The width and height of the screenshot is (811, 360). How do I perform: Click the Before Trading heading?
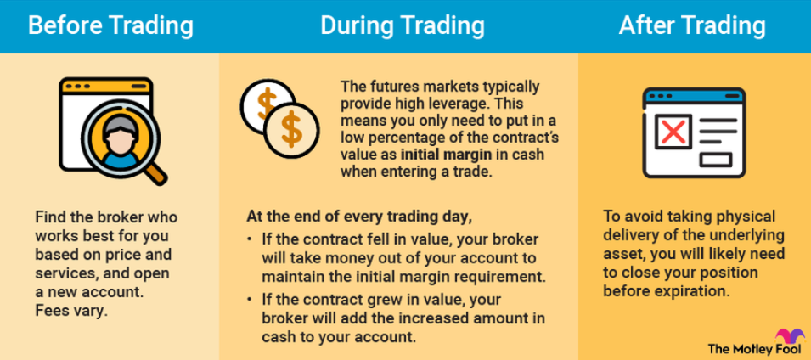pos(110,25)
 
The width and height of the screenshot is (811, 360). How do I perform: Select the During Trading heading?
pos(403,25)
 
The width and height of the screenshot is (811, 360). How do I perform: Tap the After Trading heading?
pos(692,25)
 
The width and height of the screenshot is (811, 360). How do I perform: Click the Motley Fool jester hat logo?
pos(789,336)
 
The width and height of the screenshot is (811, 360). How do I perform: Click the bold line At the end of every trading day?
pos(359,217)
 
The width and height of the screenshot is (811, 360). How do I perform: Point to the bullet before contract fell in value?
pos(251,241)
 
